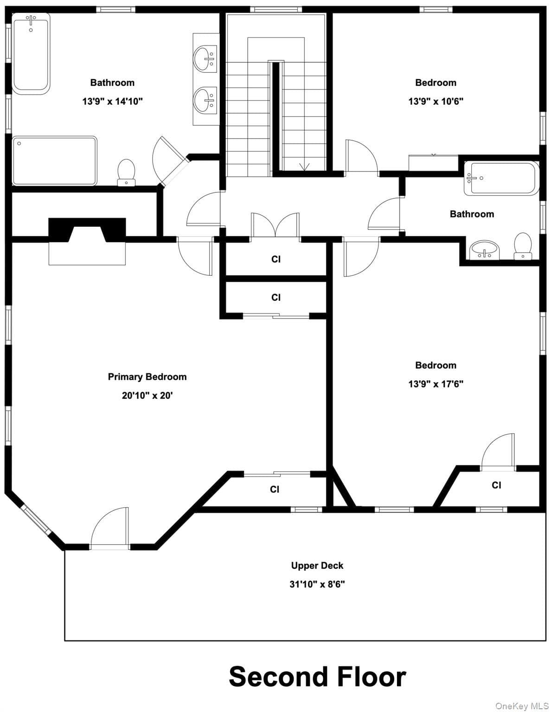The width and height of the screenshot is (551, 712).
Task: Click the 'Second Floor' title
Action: click(317, 676)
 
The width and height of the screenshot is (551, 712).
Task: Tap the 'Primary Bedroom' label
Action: click(147, 377)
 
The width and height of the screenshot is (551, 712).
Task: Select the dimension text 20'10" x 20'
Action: click(147, 395)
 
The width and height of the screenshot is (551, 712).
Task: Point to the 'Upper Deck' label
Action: click(317, 566)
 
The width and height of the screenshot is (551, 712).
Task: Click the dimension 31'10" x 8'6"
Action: click(317, 584)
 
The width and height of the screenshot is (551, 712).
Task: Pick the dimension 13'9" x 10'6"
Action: click(436, 101)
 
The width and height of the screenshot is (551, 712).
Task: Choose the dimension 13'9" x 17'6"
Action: click(436, 384)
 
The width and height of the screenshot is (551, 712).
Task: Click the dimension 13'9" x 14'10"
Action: click(112, 101)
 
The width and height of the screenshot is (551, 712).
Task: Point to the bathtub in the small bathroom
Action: click(501, 178)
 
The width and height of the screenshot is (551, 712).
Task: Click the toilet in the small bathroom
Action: click(523, 246)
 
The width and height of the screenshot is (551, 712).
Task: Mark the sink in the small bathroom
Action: click(484, 250)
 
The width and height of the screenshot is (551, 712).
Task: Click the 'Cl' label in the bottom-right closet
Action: click(496, 485)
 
